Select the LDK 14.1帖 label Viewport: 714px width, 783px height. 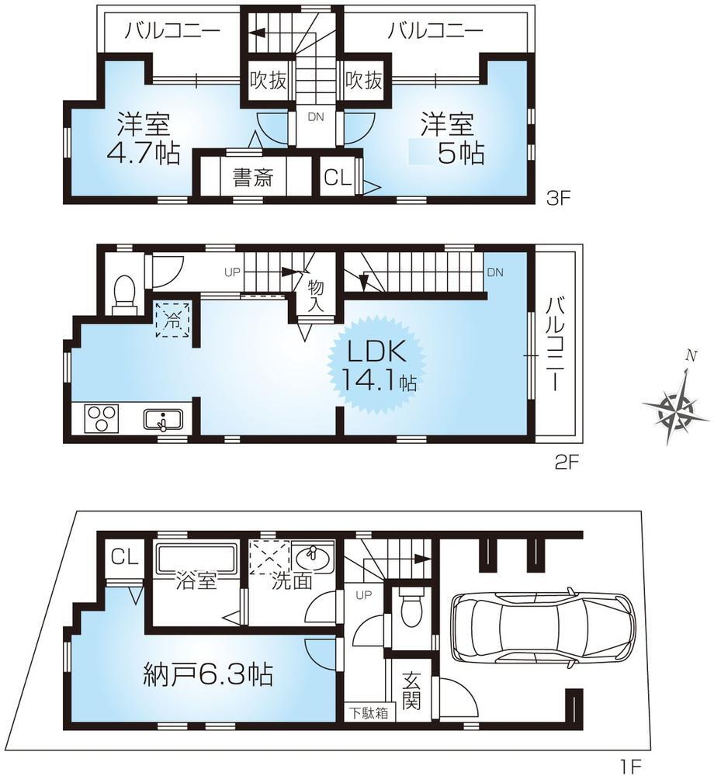pos(377,366)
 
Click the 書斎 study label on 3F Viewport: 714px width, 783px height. pos(253,177)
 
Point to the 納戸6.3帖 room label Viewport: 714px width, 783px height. pos(208,674)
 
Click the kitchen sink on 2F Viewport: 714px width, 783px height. pos(163,420)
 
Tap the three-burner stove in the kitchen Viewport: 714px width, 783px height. pos(102,417)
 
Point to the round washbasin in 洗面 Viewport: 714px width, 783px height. pos(313,555)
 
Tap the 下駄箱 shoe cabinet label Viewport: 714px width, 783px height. pos(369,712)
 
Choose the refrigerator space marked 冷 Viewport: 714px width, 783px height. pos(173,320)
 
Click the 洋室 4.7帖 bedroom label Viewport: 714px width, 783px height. pos(144,138)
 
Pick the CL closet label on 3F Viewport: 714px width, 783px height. pos(338,177)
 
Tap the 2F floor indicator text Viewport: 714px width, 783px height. pos(566,462)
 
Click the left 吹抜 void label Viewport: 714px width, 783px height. pos(269,80)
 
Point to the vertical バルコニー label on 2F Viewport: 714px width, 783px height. pos(556,344)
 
